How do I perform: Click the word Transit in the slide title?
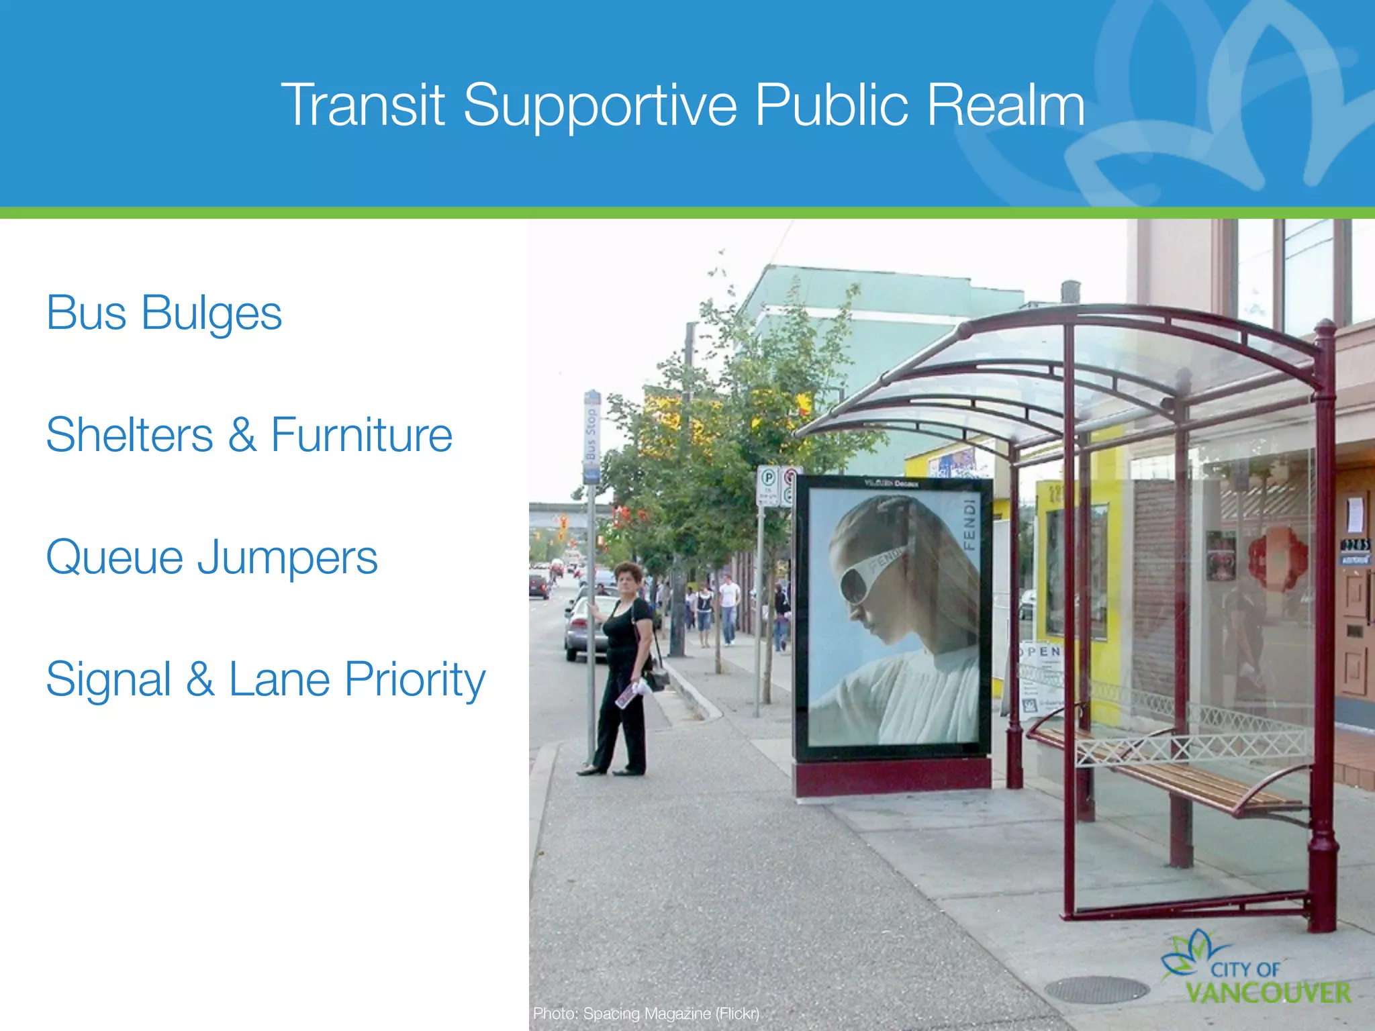coord(363,105)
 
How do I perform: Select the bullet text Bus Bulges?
coord(164,313)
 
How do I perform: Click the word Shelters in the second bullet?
coord(130,435)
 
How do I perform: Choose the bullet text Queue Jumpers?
coord(211,558)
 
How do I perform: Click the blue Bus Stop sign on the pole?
coord(591,437)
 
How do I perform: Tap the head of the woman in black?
coord(628,577)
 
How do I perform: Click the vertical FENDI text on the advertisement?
coord(968,524)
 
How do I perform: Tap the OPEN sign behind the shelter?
coord(1039,652)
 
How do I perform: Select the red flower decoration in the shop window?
coord(1277,558)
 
